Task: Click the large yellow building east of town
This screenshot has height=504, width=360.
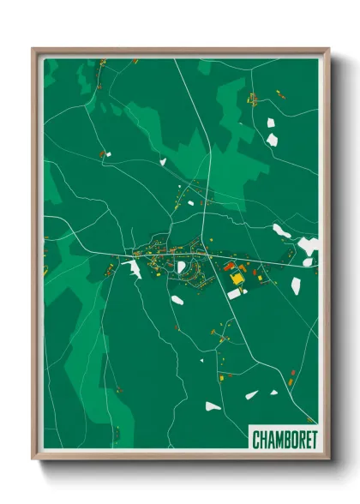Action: [x=236, y=279]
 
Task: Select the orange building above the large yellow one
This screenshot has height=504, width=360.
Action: [x=241, y=268]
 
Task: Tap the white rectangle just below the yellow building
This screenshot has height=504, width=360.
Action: [x=234, y=294]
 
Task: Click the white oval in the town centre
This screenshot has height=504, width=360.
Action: [x=181, y=267]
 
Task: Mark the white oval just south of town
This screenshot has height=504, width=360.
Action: [x=177, y=299]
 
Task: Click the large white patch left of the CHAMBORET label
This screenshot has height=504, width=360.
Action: [x=213, y=405]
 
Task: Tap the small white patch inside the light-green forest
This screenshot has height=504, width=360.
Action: [x=162, y=160]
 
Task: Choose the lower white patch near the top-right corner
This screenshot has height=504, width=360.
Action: [x=273, y=138]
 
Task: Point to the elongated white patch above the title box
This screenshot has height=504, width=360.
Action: [x=250, y=394]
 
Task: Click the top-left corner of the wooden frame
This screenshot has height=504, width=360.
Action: [x=33, y=49]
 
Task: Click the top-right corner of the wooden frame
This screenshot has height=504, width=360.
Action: [x=328, y=49]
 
